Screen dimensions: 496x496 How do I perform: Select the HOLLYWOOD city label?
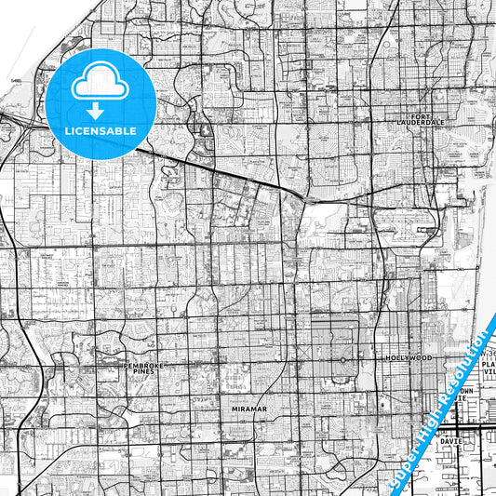tap(409, 357)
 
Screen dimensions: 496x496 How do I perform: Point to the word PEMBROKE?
tap(144, 366)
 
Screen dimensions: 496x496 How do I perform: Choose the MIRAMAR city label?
tap(248, 408)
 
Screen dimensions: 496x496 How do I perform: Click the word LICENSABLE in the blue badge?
tap(100, 131)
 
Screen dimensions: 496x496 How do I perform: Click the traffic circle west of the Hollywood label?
tap(342, 359)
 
